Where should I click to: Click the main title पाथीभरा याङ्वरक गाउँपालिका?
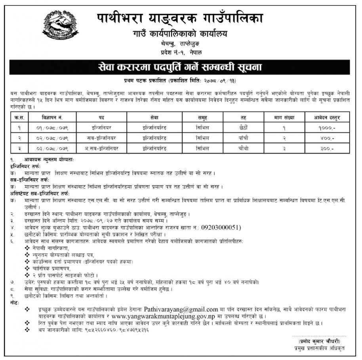pyautogui.click(x=181, y=18)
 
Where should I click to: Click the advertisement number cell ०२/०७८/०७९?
pyautogui.click(x=52, y=138)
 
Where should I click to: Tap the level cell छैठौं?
pyautogui.click(x=243, y=128)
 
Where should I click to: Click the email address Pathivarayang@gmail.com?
pyautogui.click(x=181, y=309)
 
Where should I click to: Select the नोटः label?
pyautogui.click(x=15, y=302)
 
